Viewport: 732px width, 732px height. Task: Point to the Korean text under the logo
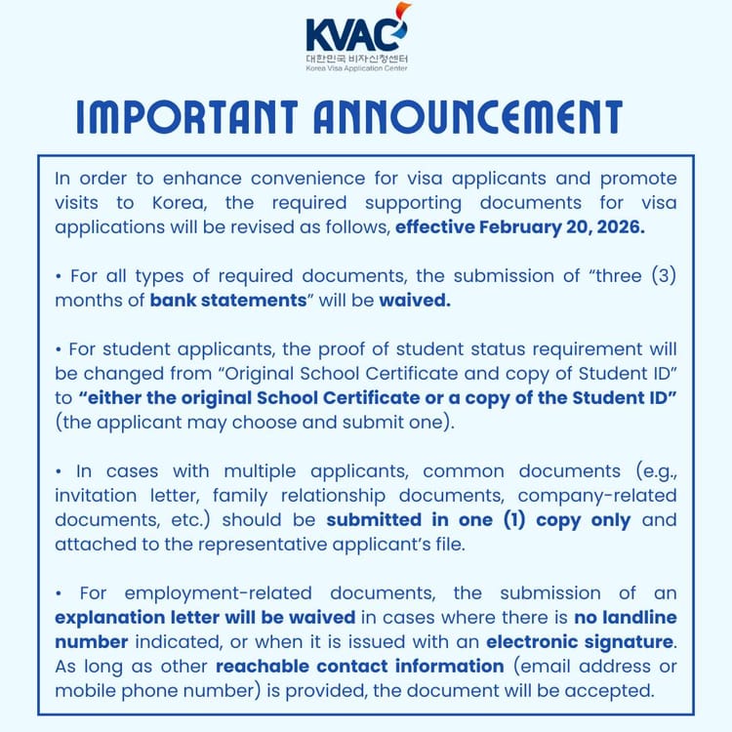[356, 61]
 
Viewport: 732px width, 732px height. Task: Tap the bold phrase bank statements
[228, 301]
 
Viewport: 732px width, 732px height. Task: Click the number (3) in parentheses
[654, 276]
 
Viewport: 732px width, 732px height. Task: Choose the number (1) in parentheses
[527, 518]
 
